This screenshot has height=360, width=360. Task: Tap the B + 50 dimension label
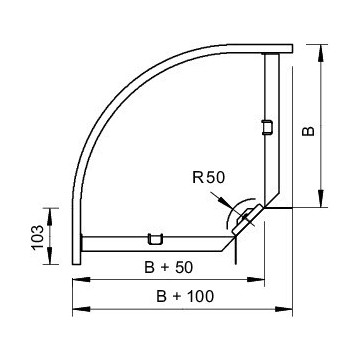pyautogui.click(x=156, y=268)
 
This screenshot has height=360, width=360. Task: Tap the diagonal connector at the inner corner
pyautogui.click(x=246, y=220)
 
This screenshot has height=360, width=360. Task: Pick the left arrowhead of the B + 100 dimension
pyautogui.click(x=75, y=308)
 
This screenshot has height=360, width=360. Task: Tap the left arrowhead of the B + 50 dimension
pyautogui.click(x=75, y=279)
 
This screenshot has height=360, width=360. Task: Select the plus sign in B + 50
pyautogui.click(x=155, y=268)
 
